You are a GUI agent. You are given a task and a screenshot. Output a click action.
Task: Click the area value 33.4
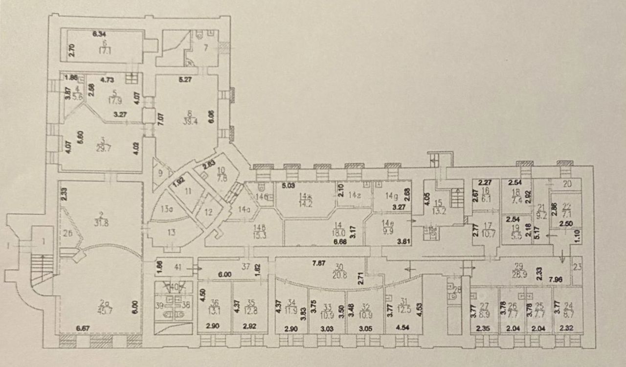point(186,122)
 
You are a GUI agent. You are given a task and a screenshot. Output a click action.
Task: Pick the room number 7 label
point(206,47)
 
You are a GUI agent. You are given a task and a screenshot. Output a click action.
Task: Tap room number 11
point(187,192)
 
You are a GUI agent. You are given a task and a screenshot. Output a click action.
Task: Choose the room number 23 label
point(577,267)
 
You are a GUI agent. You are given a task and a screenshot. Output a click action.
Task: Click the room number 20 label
point(567,184)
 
